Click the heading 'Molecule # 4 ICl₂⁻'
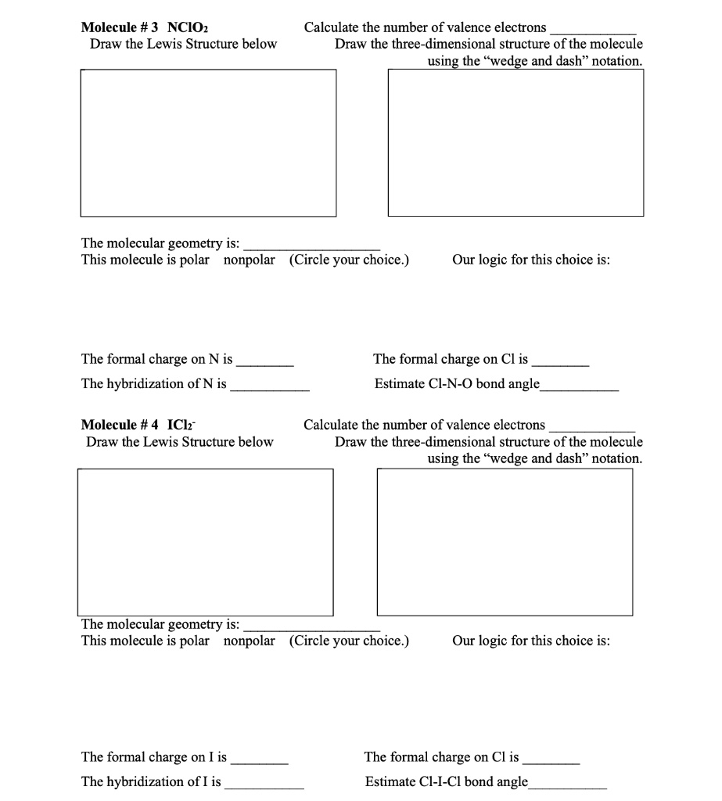[140, 425]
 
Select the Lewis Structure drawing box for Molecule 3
[208, 143]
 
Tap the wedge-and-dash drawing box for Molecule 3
[515, 142]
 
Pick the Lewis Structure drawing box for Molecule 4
[205, 541]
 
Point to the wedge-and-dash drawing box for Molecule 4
[505, 541]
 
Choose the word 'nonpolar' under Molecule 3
[250, 260]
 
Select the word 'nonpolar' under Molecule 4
[250, 641]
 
